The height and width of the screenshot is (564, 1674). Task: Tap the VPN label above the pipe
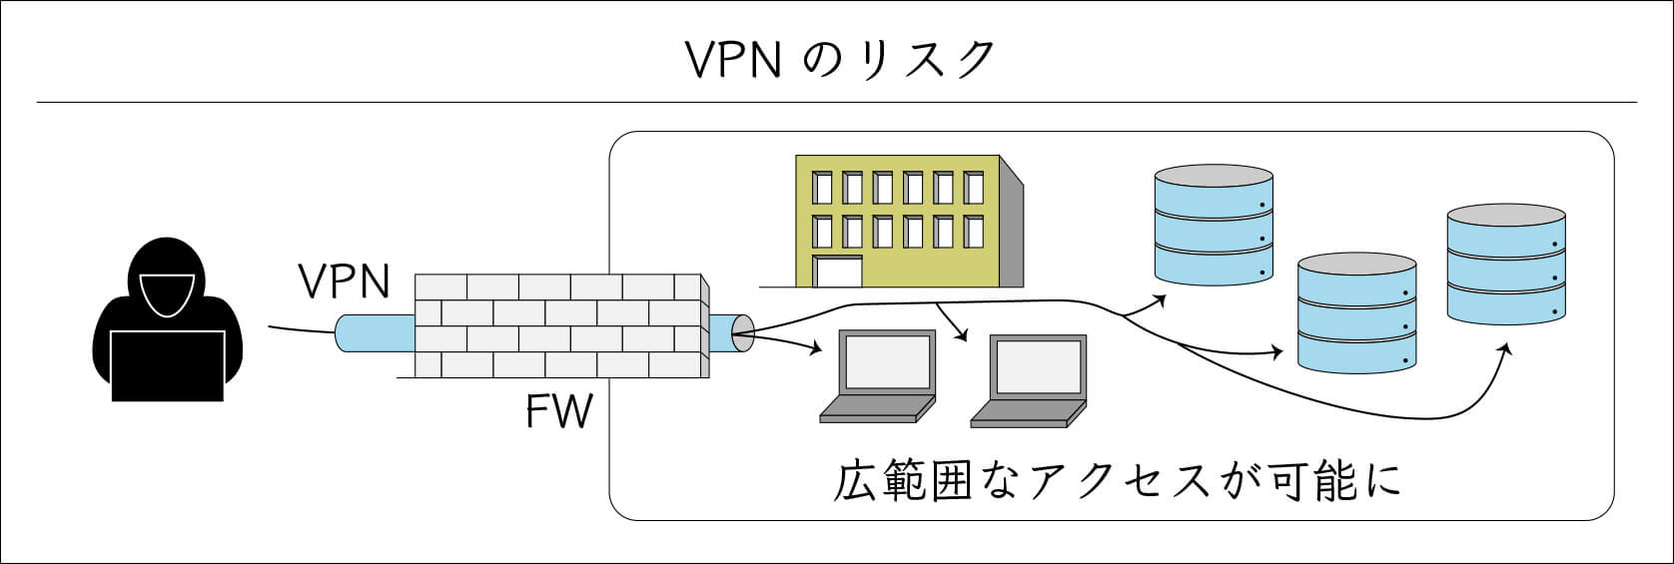tap(345, 282)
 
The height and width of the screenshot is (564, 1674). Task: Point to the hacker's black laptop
tap(167, 365)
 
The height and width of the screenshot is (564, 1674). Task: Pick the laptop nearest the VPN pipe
tap(877, 379)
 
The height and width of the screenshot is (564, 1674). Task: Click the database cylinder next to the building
tap(1213, 224)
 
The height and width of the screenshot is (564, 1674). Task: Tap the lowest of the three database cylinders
tap(1355, 312)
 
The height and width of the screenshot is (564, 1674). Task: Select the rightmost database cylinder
tap(1506, 264)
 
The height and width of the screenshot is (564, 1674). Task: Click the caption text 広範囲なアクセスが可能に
tap(1118, 480)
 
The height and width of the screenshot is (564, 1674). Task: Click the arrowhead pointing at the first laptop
tap(817, 349)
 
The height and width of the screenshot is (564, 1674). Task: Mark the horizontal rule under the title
tap(837, 103)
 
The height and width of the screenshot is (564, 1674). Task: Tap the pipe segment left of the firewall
tap(374, 333)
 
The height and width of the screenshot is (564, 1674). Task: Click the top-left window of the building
tap(822, 187)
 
